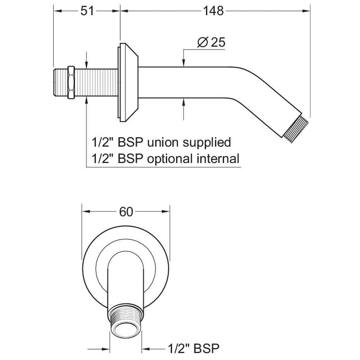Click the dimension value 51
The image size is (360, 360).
coord(87,11)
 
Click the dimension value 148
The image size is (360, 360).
coord(213,11)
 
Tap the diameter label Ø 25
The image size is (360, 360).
coord(211,42)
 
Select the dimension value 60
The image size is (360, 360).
coord(126,212)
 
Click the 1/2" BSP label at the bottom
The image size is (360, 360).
coord(194,348)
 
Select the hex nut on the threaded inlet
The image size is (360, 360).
coord(71,82)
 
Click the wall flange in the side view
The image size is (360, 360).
coord(128,82)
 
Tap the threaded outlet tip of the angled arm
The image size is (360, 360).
coord(292,129)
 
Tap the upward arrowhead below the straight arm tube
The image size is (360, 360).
coord(184,102)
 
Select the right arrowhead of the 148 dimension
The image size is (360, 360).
coord(306,11)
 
